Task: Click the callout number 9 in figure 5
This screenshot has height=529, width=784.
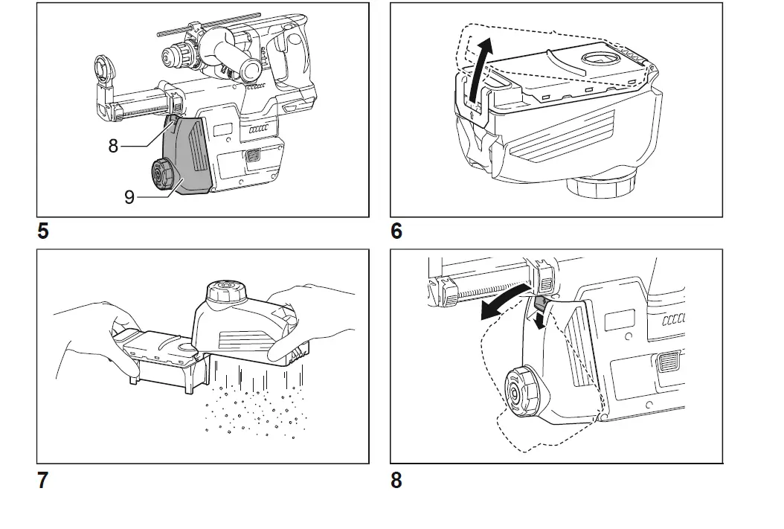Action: pyautogui.click(x=129, y=198)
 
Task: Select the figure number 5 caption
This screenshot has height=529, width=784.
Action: pyautogui.click(x=43, y=231)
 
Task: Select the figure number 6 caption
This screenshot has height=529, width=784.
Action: pyautogui.click(x=396, y=231)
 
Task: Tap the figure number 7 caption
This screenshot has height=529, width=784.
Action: pyautogui.click(x=43, y=481)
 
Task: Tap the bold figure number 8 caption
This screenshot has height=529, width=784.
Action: pyautogui.click(x=396, y=481)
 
